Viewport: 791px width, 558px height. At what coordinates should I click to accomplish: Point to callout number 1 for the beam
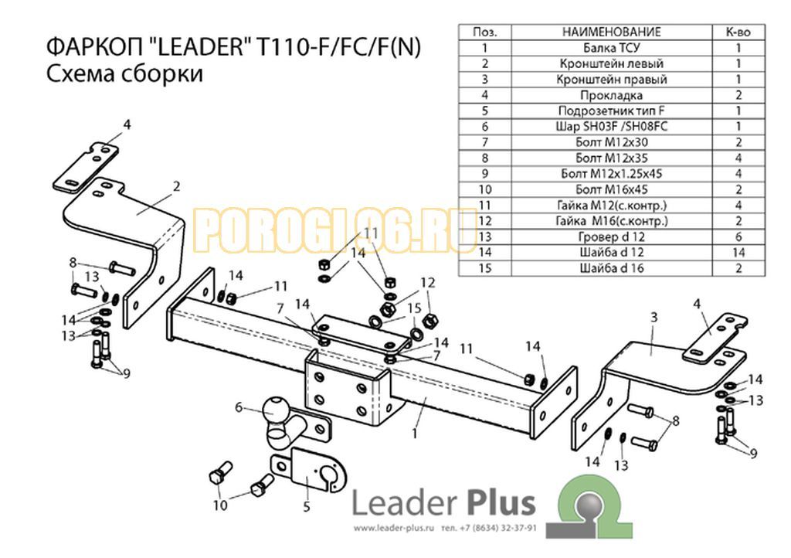pyautogui.click(x=415, y=434)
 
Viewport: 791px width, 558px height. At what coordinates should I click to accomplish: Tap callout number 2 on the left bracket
pyautogui.click(x=176, y=186)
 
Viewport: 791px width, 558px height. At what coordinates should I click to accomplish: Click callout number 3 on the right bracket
pyautogui.click(x=654, y=318)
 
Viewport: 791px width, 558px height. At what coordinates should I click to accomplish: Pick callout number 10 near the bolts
pyautogui.click(x=220, y=505)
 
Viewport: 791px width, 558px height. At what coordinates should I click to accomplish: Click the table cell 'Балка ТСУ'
pyautogui.click(x=612, y=48)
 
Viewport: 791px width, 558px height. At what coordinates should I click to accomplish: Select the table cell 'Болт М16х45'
pyautogui.click(x=612, y=189)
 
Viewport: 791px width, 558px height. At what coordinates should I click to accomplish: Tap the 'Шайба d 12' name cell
pyautogui.click(x=612, y=252)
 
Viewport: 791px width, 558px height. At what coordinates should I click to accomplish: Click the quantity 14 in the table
pyautogui.click(x=738, y=252)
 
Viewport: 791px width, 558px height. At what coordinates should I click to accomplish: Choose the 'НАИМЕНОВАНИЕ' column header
pyautogui.click(x=612, y=32)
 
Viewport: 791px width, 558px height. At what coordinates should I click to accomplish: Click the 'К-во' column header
pyautogui.click(x=738, y=32)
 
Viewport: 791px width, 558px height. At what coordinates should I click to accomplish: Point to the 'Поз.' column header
pyautogui.click(x=485, y=32)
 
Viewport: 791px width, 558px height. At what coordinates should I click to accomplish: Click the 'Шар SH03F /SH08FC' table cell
pyautogui.click(x=612, y=127)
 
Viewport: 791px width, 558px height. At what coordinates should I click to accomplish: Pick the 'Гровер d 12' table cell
pyautogui.click(x=612, y=236)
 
